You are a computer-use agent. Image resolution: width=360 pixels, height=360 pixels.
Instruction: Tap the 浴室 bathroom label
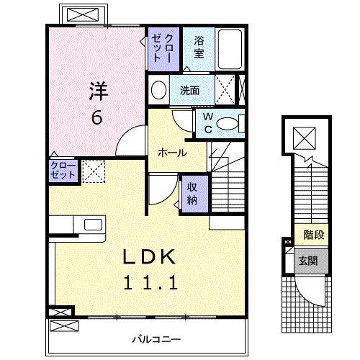click(x=199, y=48)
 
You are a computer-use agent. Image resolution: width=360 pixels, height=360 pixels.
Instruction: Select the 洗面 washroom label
click(x=189, y=91)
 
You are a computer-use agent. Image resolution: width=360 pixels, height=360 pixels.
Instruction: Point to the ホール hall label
click(x=172, y=153)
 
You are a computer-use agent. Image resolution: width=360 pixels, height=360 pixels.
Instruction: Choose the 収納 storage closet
click(x=192, y=192)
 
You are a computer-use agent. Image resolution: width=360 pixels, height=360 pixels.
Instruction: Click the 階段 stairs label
click(x=312, y=235)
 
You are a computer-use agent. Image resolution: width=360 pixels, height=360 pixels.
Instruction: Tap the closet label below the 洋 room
click(x=63, y=171)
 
